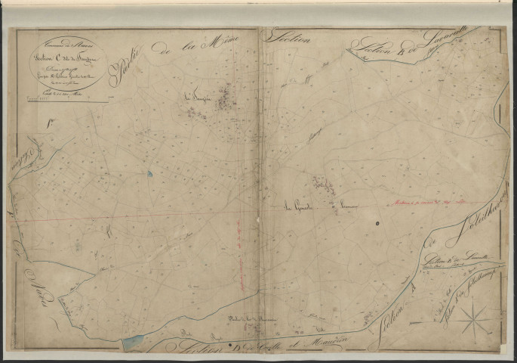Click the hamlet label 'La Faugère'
pyautogui.click(x=195, y=96)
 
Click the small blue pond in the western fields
pyautogui.click(x=149, y=174)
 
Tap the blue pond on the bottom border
pyautogui.click(x=134, y=343)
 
